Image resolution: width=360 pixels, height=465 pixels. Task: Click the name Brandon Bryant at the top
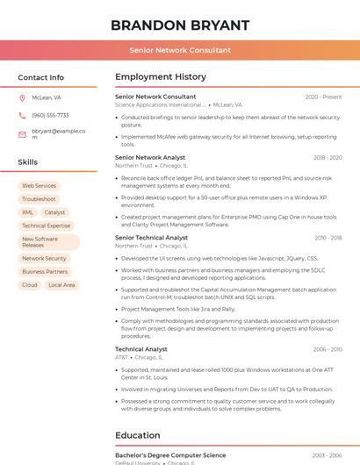coord(180,25)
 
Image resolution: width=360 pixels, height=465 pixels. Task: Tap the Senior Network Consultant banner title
coord(180,50)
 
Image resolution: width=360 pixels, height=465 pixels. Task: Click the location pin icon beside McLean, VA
coord(22,97)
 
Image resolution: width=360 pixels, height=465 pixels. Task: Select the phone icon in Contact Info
coord(22,115)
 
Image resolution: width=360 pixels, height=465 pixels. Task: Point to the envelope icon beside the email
coord(22,134)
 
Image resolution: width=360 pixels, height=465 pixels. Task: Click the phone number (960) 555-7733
coord(50,115)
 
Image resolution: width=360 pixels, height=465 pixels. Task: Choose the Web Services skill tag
coord(39,186)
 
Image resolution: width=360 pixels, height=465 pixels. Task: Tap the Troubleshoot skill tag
coord(39,199)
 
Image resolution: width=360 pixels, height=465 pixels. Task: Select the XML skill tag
coord(28,212)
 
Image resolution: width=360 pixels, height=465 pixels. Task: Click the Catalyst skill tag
coord(54,212)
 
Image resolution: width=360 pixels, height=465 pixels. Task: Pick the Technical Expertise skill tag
coord(46,225)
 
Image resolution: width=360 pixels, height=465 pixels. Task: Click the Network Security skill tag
coord(44,259)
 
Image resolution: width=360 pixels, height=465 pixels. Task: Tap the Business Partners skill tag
coord(45,272)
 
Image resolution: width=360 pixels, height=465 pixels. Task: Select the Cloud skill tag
coord(30,285)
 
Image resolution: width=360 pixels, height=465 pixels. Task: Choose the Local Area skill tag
coord(61,285)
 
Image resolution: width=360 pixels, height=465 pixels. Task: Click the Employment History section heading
coord(161,77)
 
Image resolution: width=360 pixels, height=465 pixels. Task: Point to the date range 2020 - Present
coord(323,97)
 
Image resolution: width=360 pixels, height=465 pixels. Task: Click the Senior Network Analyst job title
coord(150,158)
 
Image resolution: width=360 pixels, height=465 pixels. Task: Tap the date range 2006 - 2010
coord(327,349)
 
